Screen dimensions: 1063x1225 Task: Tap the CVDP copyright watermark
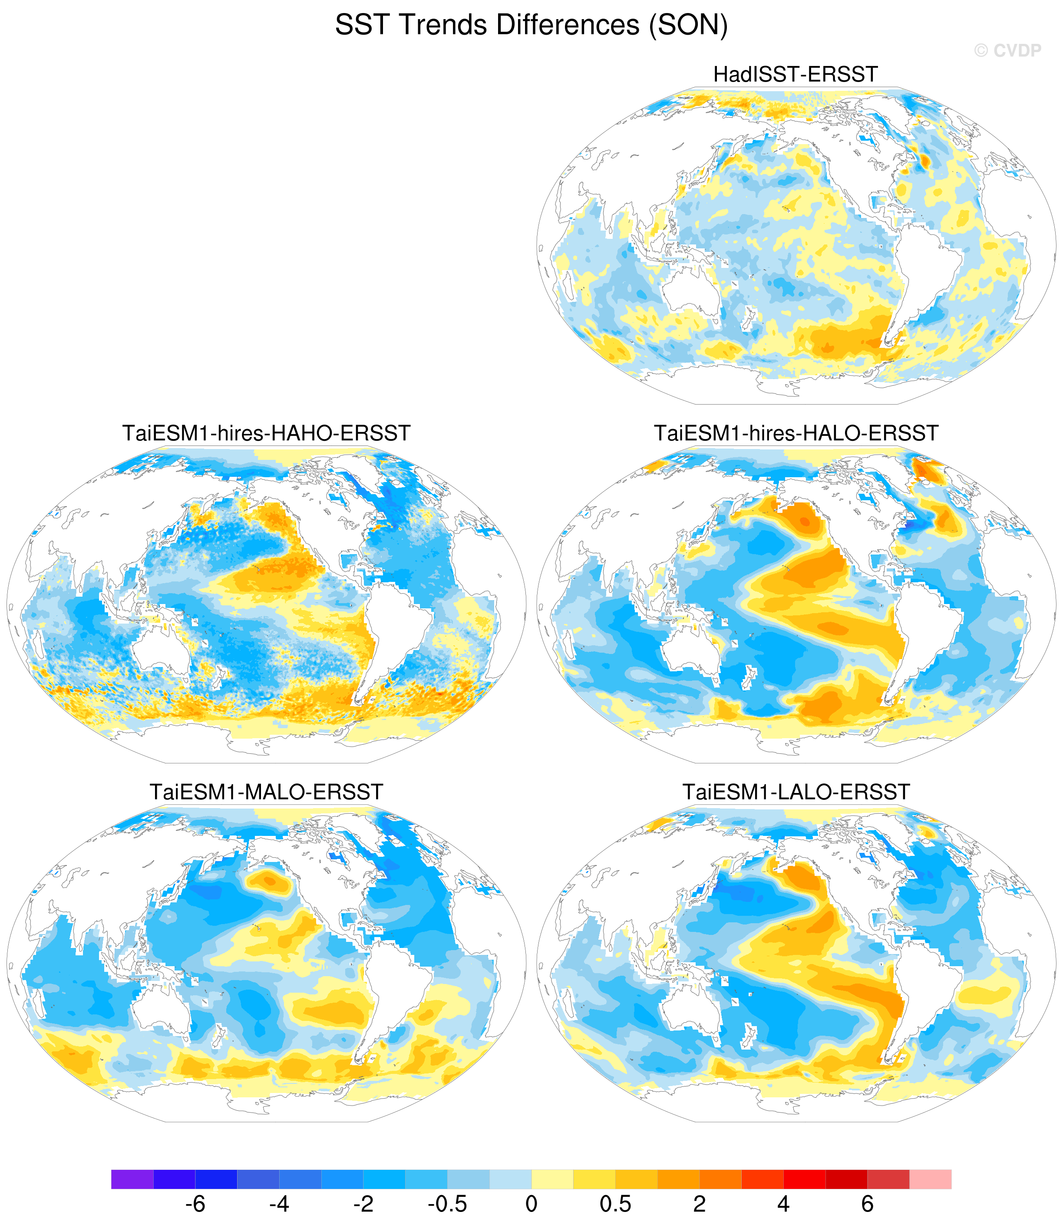pos(1007,51)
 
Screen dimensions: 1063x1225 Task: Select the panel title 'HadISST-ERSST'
pos(796,75)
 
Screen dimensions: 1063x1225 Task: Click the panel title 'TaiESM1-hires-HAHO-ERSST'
pos(266,433)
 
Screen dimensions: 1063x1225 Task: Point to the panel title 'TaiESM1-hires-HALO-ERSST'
pos(796,433)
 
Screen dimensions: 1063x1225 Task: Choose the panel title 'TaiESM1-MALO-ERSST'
pos(266,792)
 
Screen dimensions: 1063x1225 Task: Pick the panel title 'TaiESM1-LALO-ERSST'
pos(796,792)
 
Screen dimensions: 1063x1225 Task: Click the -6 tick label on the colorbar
pos(195,1204)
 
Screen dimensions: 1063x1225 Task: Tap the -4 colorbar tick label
pos(279,1204)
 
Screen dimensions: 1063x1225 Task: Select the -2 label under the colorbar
pos(363,1204)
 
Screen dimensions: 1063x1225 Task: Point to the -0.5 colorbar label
pos(448,1204)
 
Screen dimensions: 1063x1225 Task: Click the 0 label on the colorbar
pos(531,1204)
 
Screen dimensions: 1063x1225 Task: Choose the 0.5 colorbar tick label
pos(616,1204)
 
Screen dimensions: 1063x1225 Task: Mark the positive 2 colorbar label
pos(700,1204)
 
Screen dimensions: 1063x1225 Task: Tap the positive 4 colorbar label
pos(784,1204)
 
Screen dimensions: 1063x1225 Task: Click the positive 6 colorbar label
pos(868,1204)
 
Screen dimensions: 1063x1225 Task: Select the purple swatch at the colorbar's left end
pos(132,1179)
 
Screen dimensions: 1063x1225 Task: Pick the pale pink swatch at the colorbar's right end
pos(931,1179)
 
